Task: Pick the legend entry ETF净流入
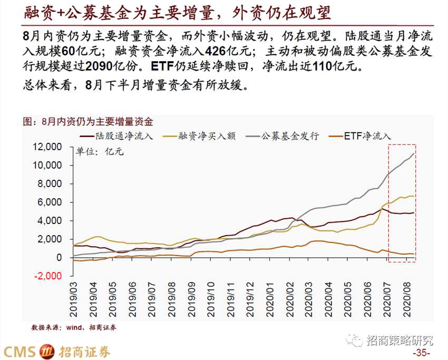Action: point(367,135)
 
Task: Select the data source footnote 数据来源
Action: point(74,327)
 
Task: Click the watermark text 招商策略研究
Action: point(399,340)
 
